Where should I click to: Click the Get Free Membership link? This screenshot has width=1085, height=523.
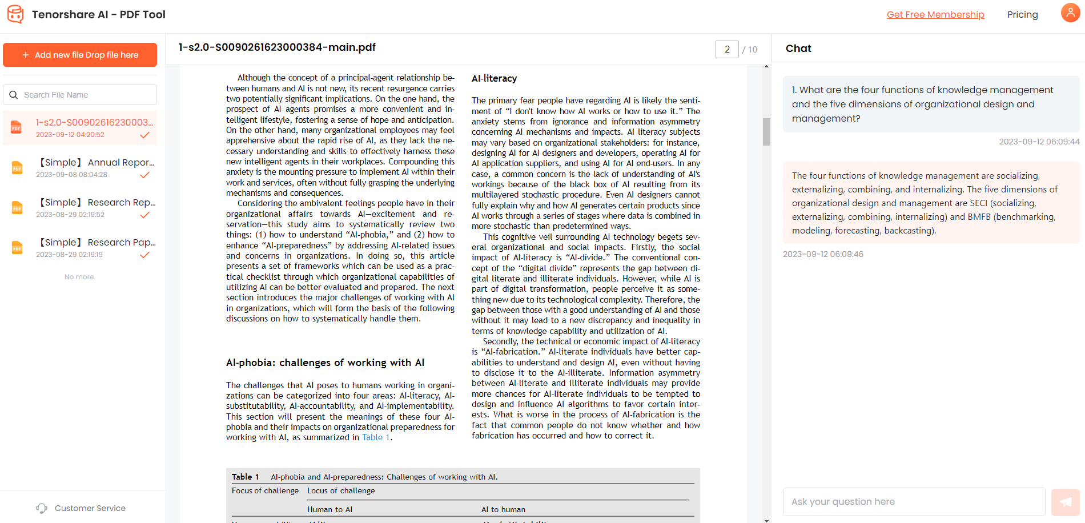click(935, 15)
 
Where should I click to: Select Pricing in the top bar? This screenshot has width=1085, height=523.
click(1022, 15)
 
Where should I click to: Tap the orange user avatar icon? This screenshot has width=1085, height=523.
click(1070, 13)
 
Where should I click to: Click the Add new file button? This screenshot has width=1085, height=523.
click(80, 55)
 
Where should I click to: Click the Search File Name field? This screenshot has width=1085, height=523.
click(86, 95)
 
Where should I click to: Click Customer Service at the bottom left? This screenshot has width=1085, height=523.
click(90, 508)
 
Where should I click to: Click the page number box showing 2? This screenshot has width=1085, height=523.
click(727, 50)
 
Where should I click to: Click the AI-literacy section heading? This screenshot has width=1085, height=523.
click(494, 78)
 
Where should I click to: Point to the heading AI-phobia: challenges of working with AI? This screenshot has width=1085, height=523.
click(325, 363)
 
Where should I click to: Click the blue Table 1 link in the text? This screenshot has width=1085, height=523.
click(376, 437)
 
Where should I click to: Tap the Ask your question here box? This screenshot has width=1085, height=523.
click(914, 502)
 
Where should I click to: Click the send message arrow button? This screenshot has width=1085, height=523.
click(1065, 502)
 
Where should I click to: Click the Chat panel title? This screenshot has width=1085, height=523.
click(798, 49)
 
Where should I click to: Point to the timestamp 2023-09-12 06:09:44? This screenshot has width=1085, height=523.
click(1039, 142)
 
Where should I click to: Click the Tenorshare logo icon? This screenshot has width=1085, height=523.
click(15, 14)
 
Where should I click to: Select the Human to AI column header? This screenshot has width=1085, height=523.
click(329, 509)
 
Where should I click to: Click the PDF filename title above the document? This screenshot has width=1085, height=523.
click(277, 47)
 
